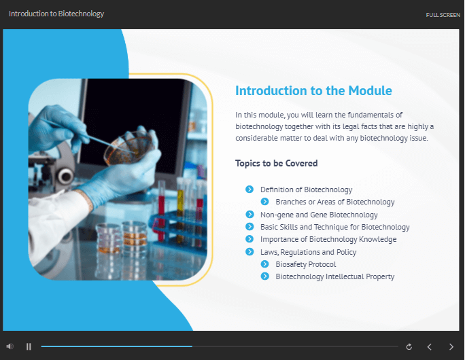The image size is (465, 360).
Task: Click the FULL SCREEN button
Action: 443,15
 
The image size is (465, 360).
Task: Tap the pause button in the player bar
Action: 29,346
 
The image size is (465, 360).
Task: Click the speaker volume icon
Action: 10,346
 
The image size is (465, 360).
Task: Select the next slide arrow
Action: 451,346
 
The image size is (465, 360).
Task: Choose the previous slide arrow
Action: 429,346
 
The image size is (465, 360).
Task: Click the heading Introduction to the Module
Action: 313,90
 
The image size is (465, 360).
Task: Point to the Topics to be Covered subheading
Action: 276,163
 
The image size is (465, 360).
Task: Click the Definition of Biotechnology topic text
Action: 306,190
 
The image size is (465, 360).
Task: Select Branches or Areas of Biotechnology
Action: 334,202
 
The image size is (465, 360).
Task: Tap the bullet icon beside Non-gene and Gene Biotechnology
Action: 249,214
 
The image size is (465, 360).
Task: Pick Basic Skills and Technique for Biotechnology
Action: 334,227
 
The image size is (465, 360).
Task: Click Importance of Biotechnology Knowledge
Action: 328,239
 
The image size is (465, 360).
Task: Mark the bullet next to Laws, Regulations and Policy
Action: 249,251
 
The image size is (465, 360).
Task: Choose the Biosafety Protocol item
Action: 306,264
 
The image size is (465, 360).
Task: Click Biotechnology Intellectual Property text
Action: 334,276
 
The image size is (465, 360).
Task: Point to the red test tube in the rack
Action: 161,211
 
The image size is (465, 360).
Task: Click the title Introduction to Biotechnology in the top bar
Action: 56,14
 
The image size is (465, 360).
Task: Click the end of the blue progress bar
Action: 192,346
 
